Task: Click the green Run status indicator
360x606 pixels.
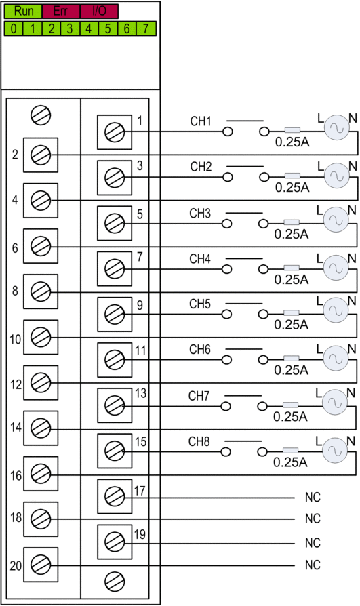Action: pos(23,12)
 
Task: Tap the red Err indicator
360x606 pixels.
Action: pos(61,12)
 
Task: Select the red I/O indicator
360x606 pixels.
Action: pos(99,12)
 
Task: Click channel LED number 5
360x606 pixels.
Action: pos(108,28)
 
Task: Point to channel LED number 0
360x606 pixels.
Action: pos(14,28)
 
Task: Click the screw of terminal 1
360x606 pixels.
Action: pos(115,132)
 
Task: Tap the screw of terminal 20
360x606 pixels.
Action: pos(41,565)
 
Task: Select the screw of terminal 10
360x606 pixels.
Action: pos(41,337)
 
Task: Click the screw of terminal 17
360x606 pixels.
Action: pos(115,497)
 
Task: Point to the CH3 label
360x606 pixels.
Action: pos(200,214)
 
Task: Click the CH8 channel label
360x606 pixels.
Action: pos(199,441)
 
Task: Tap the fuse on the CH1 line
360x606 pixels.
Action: pos(292,130)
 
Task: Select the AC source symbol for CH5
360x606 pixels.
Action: pos(336,310)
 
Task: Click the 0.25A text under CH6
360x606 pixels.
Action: pos(291,370)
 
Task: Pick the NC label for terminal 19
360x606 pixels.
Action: pos(313,542)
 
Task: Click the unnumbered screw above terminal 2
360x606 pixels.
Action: pos(41,115)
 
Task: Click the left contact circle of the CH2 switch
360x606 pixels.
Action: pos(227,178)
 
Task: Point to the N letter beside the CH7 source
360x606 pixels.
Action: pos(351,393)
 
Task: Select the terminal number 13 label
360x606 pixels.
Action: pos(140,393)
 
